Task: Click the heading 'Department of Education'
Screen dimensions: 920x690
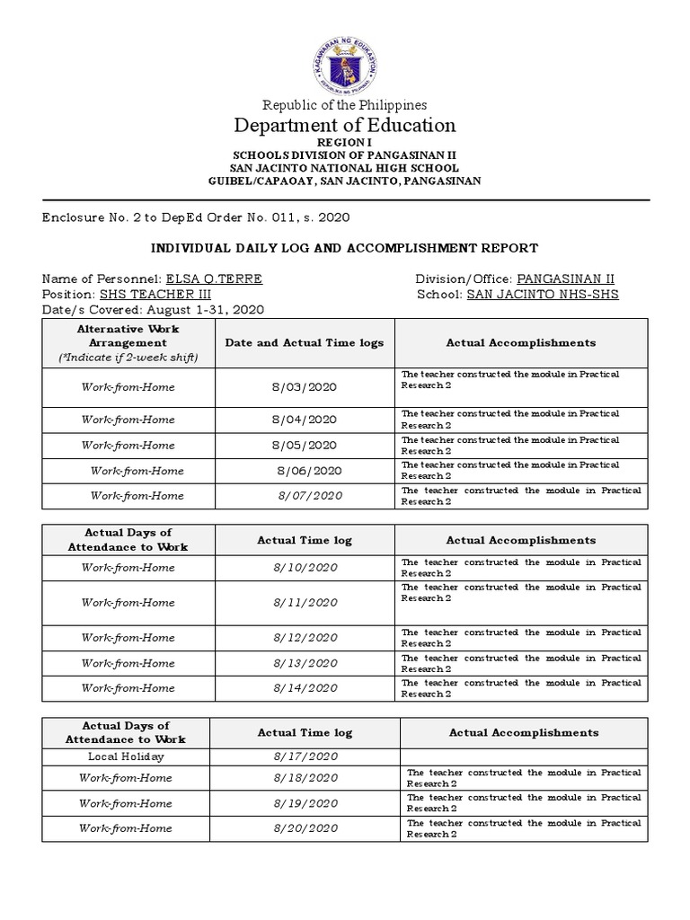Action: [345, 125]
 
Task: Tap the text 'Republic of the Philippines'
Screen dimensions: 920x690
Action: [345, 105]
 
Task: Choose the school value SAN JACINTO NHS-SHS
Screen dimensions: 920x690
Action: [543, 294]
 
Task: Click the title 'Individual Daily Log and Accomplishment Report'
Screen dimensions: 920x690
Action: [345, 248]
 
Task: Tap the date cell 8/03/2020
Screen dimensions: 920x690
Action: [304, 387]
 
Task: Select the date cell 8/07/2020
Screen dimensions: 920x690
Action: [310, 496]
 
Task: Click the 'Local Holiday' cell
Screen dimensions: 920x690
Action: [126, 756]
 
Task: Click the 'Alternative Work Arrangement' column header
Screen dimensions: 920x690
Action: [128, 342]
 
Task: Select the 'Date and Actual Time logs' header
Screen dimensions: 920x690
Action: [304, 343]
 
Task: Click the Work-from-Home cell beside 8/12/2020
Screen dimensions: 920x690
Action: [128, 638]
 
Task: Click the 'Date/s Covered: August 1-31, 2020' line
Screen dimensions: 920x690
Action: [153, 309]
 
